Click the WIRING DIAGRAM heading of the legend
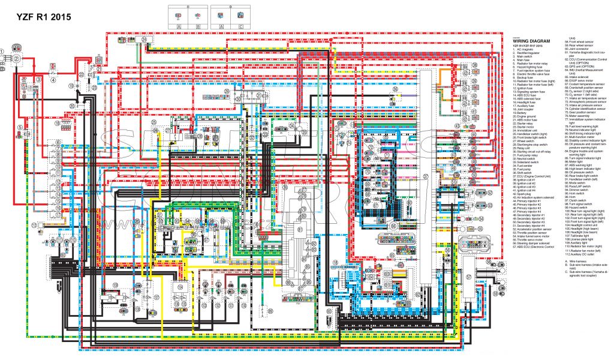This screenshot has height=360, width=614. (x=532, y=41)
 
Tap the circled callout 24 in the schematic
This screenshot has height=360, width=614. (x=145, y=38)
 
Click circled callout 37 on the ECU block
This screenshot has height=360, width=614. (x=425, y=176)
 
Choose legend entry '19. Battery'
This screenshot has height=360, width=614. (x=523, y=113)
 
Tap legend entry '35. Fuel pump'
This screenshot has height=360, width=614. (x=525, y=169)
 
